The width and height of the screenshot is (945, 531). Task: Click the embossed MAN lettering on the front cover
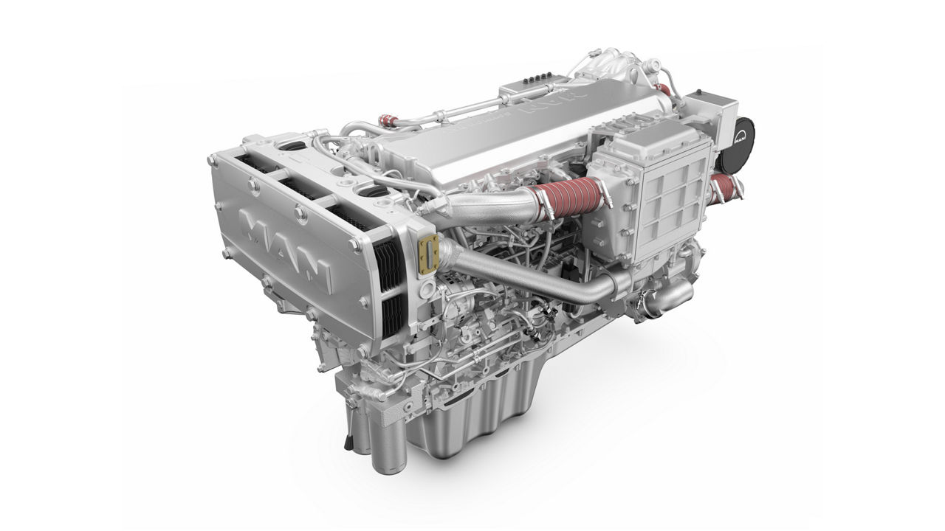click(x=288, y=247)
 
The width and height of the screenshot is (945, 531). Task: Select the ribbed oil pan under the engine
click(x=472, y=420)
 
